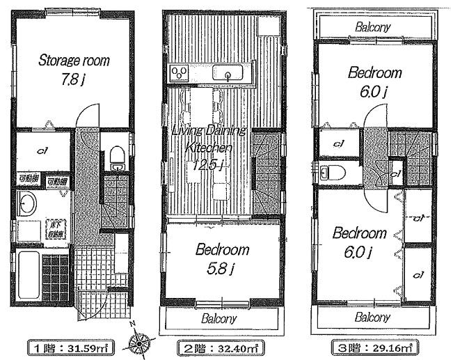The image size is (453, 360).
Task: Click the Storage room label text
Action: [73, 61]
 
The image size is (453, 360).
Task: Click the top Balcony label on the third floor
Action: [372, 27]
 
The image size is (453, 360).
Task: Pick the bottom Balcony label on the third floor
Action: [372, 317]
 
